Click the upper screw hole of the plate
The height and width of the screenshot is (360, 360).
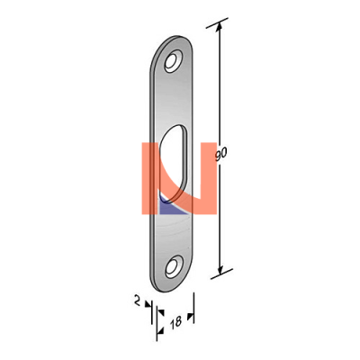174,61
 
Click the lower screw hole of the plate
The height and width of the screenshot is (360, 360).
174,266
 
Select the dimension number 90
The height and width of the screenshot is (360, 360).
221,154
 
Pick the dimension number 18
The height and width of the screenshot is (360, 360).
175,322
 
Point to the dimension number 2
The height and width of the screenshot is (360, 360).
137,301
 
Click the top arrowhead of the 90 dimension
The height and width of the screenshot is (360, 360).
219,26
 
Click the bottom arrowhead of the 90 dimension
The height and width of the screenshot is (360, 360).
220,270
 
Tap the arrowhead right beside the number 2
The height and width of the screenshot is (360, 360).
148,304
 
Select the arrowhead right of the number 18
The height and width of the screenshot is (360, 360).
190,317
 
